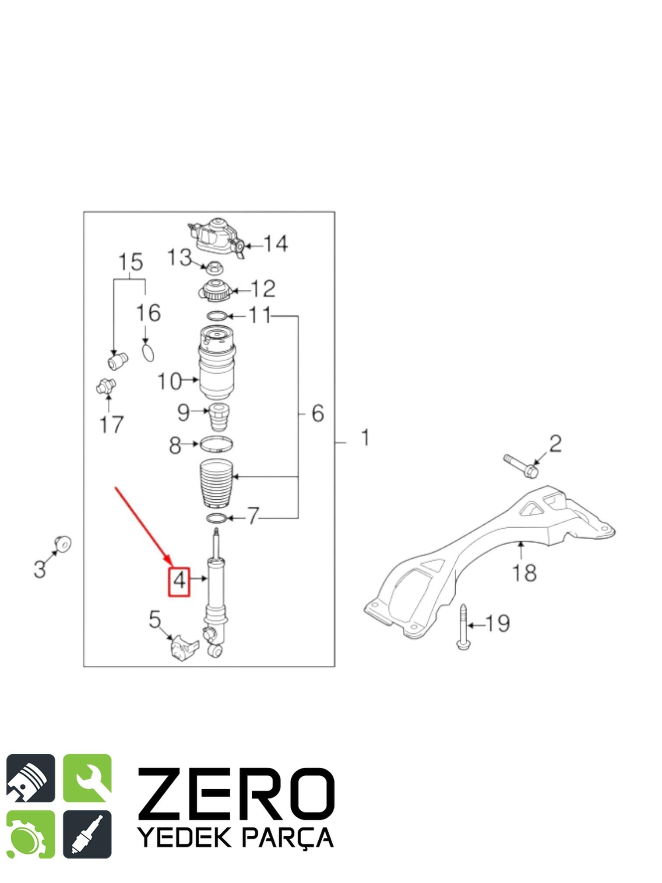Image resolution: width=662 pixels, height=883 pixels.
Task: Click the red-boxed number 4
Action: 180,581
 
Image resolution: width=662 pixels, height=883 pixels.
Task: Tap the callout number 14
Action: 275,244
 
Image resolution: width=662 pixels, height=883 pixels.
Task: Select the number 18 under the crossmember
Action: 524,572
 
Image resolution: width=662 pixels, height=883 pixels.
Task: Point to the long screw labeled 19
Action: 463,627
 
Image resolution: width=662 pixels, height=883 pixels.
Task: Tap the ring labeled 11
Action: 217,315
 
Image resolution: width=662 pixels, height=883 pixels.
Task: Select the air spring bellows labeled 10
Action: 217,363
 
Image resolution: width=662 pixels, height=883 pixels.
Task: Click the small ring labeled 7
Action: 217,518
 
